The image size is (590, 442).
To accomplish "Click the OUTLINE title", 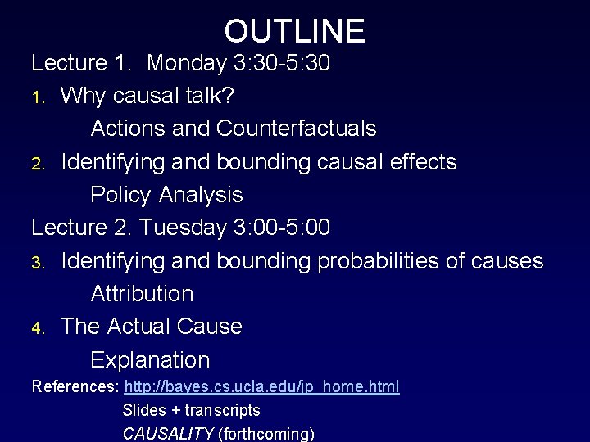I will coord(294,31).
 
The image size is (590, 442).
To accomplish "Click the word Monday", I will coord(196,63).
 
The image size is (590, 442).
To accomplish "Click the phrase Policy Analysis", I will coord(166,195).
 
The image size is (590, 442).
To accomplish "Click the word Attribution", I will coord(142,293).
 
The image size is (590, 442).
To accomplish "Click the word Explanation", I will coord(150,359).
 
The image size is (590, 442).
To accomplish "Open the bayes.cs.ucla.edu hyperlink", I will coord(261,386).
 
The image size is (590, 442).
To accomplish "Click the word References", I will coord(75,386).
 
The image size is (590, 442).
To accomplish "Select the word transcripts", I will coord(222,409).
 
